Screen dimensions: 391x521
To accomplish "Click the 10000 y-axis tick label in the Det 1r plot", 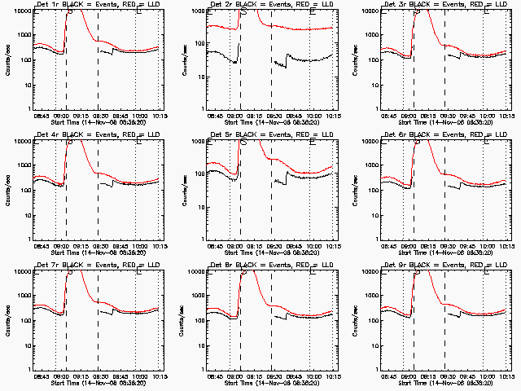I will pos(20,11).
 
